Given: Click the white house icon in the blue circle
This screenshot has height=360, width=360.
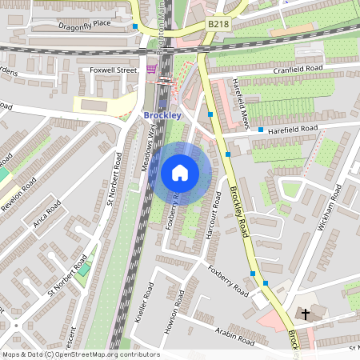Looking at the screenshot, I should [x=180, y=172].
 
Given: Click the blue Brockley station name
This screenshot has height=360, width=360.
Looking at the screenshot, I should [x=163, y=115].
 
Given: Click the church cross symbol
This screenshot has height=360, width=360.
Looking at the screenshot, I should [x=305, y=312].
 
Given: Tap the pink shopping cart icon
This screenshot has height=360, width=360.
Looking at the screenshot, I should [x=152, y=70].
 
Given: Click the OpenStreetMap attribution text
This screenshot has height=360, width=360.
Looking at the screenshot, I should [x=81, y=354].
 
